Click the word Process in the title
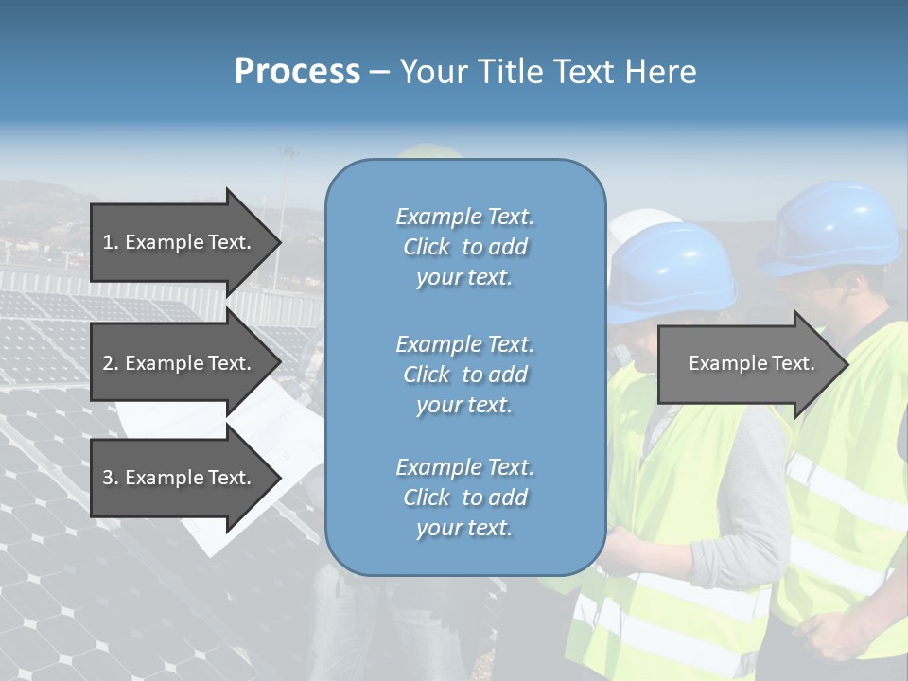tap(297, 72)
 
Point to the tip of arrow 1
tap(279, 242)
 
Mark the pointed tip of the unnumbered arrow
tap(847, 363)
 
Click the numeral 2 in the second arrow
tap(108, 363)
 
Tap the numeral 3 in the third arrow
tap(108, 478)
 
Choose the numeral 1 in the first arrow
tap(108, 242)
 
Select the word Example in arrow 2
tap(159, 363)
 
